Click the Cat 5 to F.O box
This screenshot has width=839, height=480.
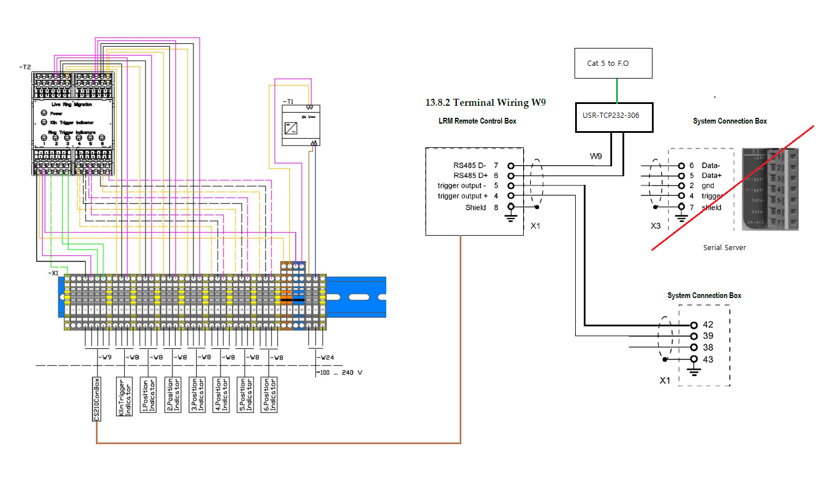click(613, 63)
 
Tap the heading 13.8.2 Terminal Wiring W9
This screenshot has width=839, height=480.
click(485, 103)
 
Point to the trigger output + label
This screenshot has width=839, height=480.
click(463, 196)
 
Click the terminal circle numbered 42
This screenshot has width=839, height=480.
click(694, 325)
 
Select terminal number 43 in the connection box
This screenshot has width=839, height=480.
click(707, 359)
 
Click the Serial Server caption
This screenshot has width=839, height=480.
click(724, 247)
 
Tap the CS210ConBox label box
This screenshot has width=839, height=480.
click(97, 399)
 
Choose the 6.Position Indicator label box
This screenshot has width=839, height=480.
click(270, 395)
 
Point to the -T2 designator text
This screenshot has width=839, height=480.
click(24, 68)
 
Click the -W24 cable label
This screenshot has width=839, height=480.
click(327, 357)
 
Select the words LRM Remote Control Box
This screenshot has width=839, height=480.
click(477, 121)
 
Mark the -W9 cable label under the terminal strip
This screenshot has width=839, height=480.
click(105, 357)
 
